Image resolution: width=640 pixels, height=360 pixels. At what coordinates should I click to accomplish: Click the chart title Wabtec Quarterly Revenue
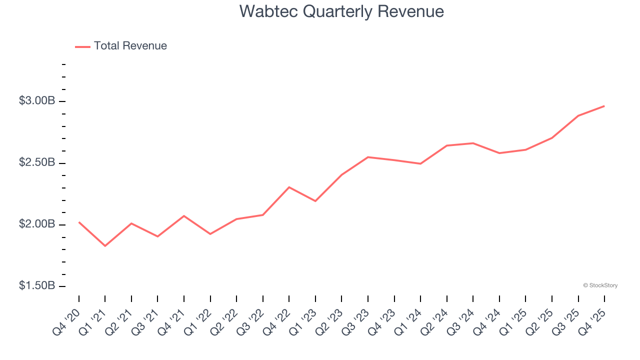pos(341,11)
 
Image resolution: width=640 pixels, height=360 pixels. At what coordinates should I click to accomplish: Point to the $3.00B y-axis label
pos(37,101)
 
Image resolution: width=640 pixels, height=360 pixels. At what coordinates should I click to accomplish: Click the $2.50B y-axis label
pos(37,163)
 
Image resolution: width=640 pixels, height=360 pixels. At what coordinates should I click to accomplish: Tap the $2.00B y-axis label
pos(37,224)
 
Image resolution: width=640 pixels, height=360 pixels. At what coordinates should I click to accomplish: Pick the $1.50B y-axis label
pos(37,286)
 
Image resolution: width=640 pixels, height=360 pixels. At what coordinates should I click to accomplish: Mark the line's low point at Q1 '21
pos(105,246)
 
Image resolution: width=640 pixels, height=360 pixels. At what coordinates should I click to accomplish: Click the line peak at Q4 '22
pos(289,187)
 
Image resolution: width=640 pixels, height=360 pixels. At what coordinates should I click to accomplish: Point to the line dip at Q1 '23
pos(315,201)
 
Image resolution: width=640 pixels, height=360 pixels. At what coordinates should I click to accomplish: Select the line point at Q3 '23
pos(368,157)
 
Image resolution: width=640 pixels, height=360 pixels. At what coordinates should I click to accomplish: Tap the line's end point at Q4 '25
pos(604,106)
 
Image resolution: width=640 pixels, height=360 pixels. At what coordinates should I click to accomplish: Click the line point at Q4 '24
pos(499,153)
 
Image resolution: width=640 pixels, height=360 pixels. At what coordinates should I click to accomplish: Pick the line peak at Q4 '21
pos(184,216)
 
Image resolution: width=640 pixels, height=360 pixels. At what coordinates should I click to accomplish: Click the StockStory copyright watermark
pos(600,285)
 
